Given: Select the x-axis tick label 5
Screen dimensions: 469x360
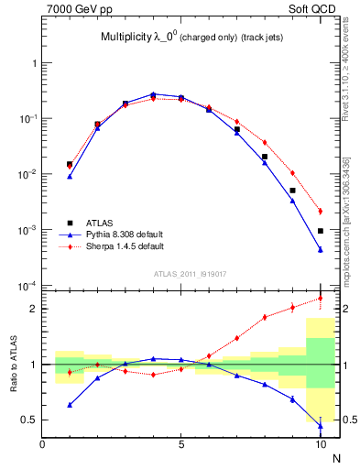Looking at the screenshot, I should [181, 446].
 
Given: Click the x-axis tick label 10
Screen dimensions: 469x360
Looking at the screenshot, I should [320, 446].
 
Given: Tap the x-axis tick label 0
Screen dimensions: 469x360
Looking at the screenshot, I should [42, 446].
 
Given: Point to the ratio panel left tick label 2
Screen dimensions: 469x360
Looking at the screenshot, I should [33, 309].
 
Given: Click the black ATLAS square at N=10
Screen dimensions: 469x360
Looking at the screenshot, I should [321, 231].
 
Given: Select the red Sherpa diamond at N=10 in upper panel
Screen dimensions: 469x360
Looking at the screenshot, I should [321, 211].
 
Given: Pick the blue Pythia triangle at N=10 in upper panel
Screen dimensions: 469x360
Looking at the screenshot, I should [321, 249].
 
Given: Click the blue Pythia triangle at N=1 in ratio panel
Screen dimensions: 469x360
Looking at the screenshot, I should [70, 404].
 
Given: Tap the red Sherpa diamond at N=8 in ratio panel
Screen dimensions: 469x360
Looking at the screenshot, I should [265, 317].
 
